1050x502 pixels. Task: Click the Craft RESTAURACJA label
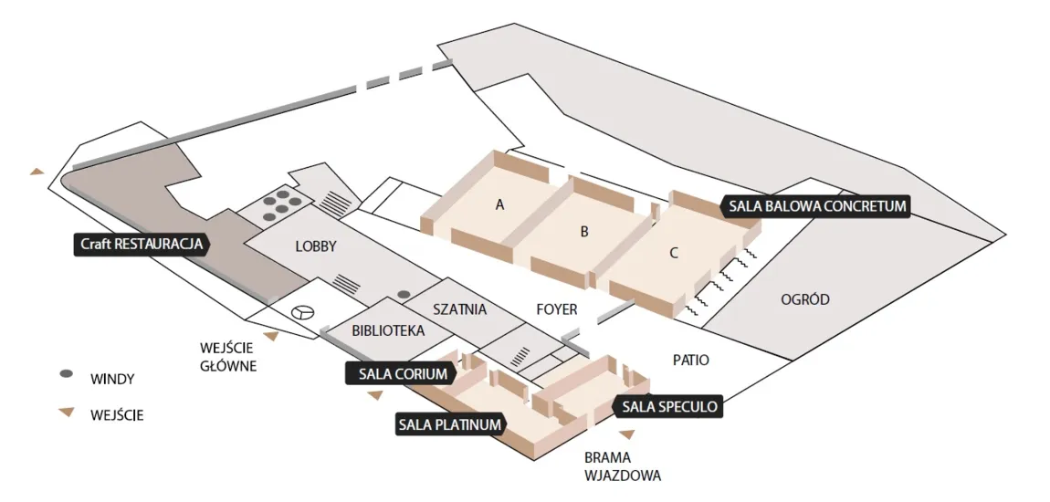pyautogui.click(x=142, y=244)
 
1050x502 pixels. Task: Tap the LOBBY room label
pyautogui.click(x=317, y=246)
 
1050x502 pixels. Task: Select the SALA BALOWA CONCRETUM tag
pyautogui.click(x=816, y=206)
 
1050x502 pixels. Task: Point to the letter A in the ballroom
pyautogui.click(x=499, y=205)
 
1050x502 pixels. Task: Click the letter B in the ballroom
pyautogui.click(x=584, y=232)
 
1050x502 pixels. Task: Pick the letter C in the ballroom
pyautogui.click(x=674, y=253)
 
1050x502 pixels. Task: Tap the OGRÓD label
pyautogui.click(x=805, y=299)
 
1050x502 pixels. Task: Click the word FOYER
pyautogui.click(x=556, y=309)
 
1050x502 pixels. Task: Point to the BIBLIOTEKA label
pyautogui.click(x=388, y=330)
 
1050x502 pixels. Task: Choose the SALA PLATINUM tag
pyautogui.click(x=449, y=424)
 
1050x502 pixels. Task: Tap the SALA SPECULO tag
pyautogui.click(x=670, y=406)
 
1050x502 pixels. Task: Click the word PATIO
pyautogui.click(x=690, y=361)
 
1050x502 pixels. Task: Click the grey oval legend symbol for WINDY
pyautogui.click(x=66, y=374)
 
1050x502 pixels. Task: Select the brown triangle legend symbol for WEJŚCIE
pyautogui.click(x=66, y=413)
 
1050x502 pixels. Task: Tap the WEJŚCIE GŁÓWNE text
pyautogui.click(x=228, y=357)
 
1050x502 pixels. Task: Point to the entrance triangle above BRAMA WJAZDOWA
pyautogui.click(x=626, y=434)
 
